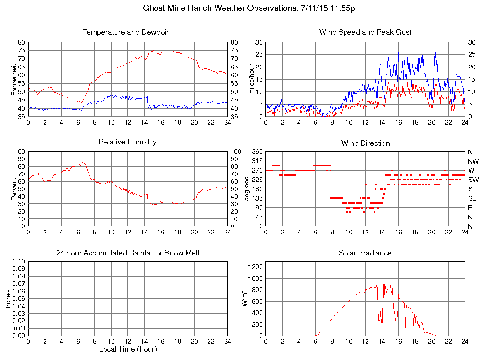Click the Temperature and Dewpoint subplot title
[127, 32]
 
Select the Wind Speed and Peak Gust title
[365, 32]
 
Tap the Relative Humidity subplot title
[127, 142]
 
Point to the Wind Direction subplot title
[365, 143]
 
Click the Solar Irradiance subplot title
[365, 253]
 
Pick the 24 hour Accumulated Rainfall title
[127, 253]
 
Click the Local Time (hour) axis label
[127, 349]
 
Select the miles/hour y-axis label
[251, 79]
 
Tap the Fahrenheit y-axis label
[14, 79]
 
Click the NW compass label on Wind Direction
[473, 161]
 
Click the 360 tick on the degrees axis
[257, 152]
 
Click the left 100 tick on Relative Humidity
[20, 152]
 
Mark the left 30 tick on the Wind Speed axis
[258, 42]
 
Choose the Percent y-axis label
[14, 189]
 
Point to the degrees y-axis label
[247, 189]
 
